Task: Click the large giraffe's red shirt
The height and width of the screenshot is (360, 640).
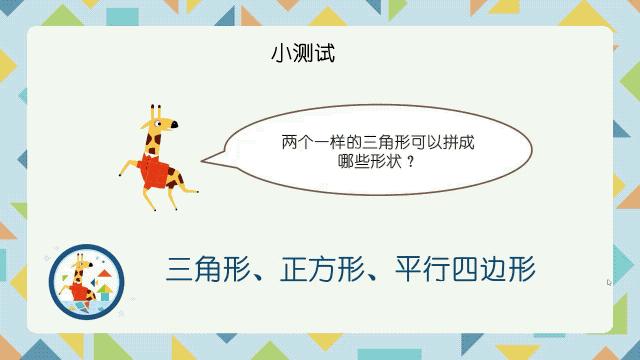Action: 157,172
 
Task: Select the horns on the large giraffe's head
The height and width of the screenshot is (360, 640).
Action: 153,109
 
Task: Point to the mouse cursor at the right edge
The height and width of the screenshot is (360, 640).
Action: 609,283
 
